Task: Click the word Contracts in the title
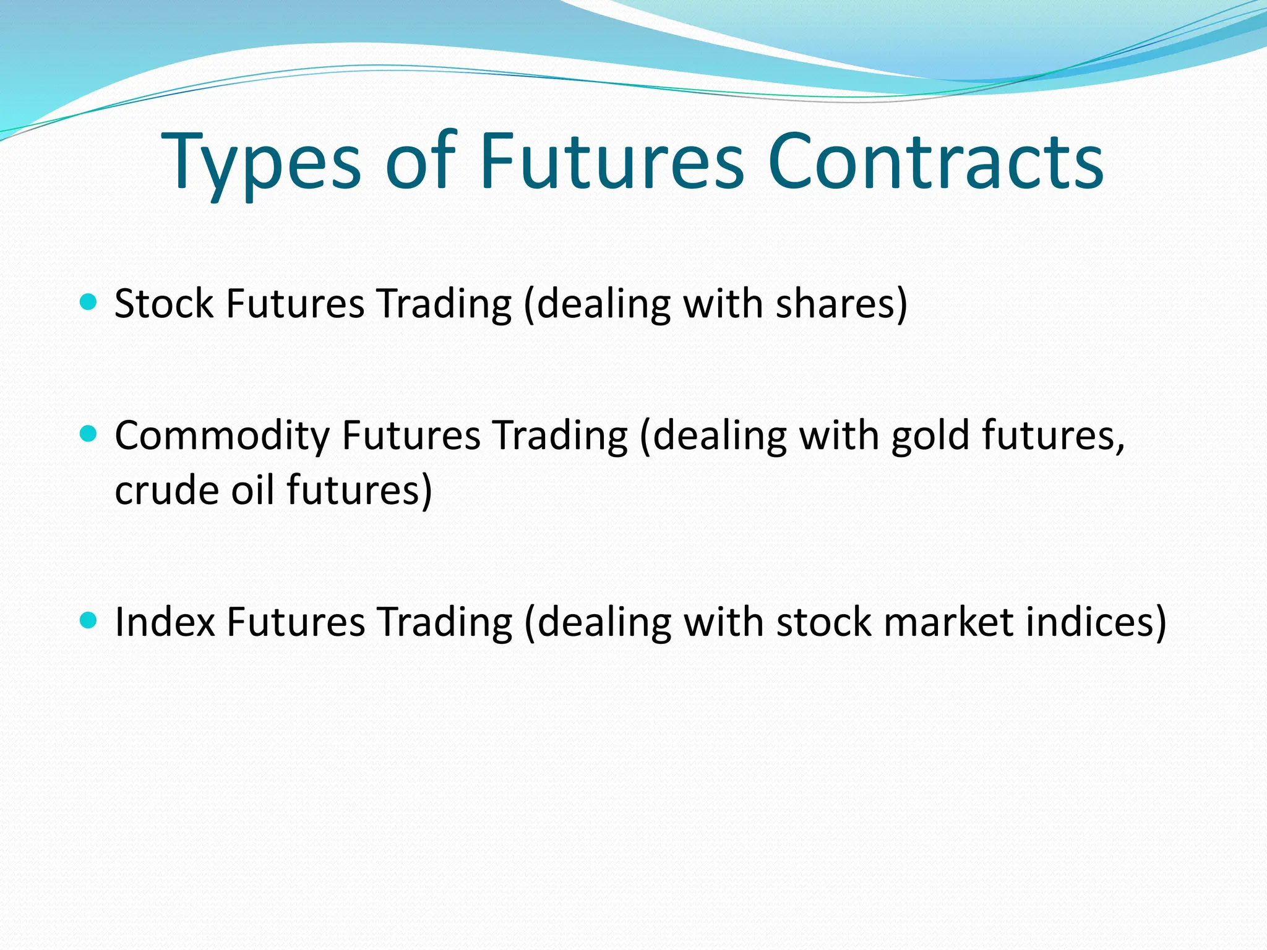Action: point(935,162)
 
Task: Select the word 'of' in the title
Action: point(420,162)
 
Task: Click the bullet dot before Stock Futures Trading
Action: point(89,302)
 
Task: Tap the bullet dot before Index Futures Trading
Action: point(89,620)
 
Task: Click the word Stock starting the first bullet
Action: point(164,304)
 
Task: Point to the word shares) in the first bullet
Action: point(841,304)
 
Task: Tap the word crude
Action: point(166,490)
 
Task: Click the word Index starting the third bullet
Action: point(165,622)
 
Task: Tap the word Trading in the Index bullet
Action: point(445,622)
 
